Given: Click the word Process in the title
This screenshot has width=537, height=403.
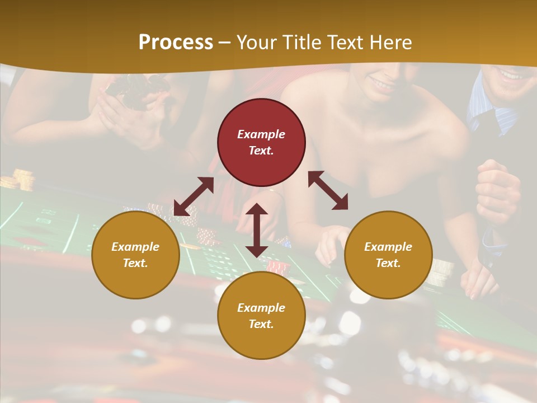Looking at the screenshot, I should point(176,43).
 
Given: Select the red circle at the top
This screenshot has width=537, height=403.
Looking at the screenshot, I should point(261,143).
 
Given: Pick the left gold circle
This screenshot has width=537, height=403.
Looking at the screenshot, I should point(135,255).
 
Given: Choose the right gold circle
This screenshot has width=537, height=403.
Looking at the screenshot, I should point(388,255).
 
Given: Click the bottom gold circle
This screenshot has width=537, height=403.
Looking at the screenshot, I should point(261,316).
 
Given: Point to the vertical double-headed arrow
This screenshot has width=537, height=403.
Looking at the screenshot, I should point(257,230).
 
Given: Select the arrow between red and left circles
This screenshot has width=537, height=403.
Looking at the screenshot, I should point(194,196).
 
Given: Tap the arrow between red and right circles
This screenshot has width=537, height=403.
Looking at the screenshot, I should point(328,190).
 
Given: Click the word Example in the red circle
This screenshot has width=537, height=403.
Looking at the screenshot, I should point(261,134).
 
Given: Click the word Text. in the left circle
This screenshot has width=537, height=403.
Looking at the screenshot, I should point(135,263).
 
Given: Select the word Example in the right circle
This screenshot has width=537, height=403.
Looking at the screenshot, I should point(388,247).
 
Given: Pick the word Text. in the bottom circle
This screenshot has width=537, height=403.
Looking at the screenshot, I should point(261,324).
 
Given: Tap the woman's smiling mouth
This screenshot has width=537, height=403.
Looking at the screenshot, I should point(383,85).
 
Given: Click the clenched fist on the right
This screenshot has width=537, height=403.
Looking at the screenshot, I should point(497,190).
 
